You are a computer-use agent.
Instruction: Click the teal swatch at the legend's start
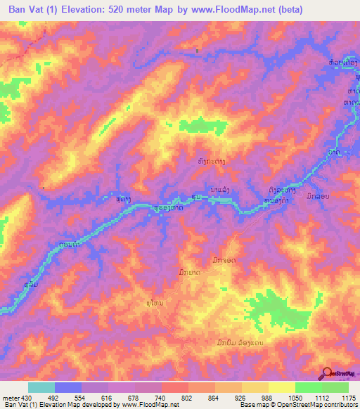[41, 387]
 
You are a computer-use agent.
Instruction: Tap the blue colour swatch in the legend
[68, 387]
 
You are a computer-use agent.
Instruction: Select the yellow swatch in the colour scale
[281, 387]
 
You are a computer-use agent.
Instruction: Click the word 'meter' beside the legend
[9, 398]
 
